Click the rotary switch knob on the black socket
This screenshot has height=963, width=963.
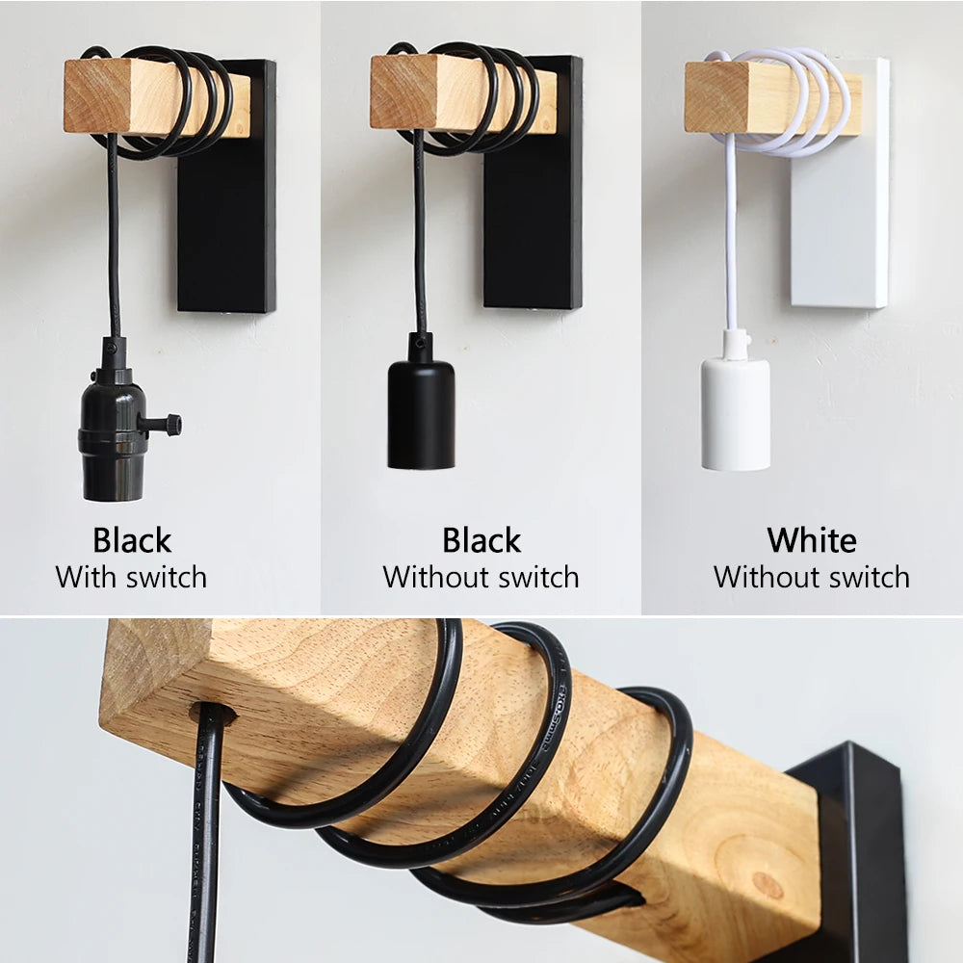click(169, 424)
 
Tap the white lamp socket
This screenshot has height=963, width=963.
click(735, 414)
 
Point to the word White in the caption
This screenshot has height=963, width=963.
click(811, 540)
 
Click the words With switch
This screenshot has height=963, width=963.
click(131, 578)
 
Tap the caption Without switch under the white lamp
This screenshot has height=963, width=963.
click(811, 578)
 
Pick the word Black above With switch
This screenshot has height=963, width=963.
click(132, 540)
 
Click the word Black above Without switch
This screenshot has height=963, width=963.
click(481, 540)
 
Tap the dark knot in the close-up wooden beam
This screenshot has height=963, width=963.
click(768, 884)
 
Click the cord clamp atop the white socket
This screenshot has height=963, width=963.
click(735, 343)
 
